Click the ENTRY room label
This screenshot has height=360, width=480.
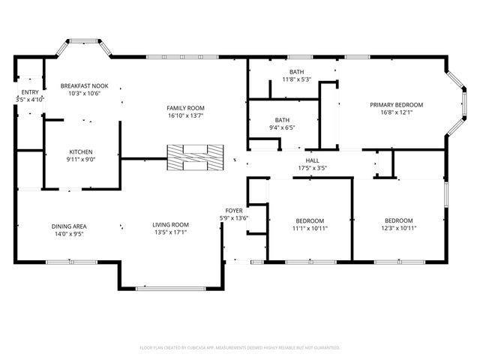pos(30,92)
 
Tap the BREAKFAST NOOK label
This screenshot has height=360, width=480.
pos(84,86)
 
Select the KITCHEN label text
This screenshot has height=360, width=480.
pos(81,151)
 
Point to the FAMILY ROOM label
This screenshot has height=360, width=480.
pos(185,108)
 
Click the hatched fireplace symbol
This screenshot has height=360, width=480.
pos(195,157)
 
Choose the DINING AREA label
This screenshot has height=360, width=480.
pos(69,226)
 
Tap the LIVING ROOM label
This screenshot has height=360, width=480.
pos(170,225)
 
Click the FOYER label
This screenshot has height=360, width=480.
pos(234,211)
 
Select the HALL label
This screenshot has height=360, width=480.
pos(312,160)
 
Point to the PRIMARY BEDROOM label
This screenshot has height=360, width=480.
pos(397,105)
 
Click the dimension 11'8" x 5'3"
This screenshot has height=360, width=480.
pos(297,79)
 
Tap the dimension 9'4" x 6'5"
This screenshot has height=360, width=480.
pos(282,127)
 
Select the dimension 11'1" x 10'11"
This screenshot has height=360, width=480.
pos(310,228)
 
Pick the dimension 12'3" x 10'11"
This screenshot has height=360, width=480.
pos(399,228)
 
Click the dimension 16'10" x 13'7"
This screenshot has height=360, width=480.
pos(185,115)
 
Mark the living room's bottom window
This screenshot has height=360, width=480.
pos(171,288)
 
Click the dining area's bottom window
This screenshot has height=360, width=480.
pos(71,262)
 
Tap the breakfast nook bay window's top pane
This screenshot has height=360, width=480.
pos(84,40)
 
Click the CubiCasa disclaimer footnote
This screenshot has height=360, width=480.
pos(240,348)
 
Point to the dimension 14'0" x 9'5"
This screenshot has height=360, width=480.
pos(69,234)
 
